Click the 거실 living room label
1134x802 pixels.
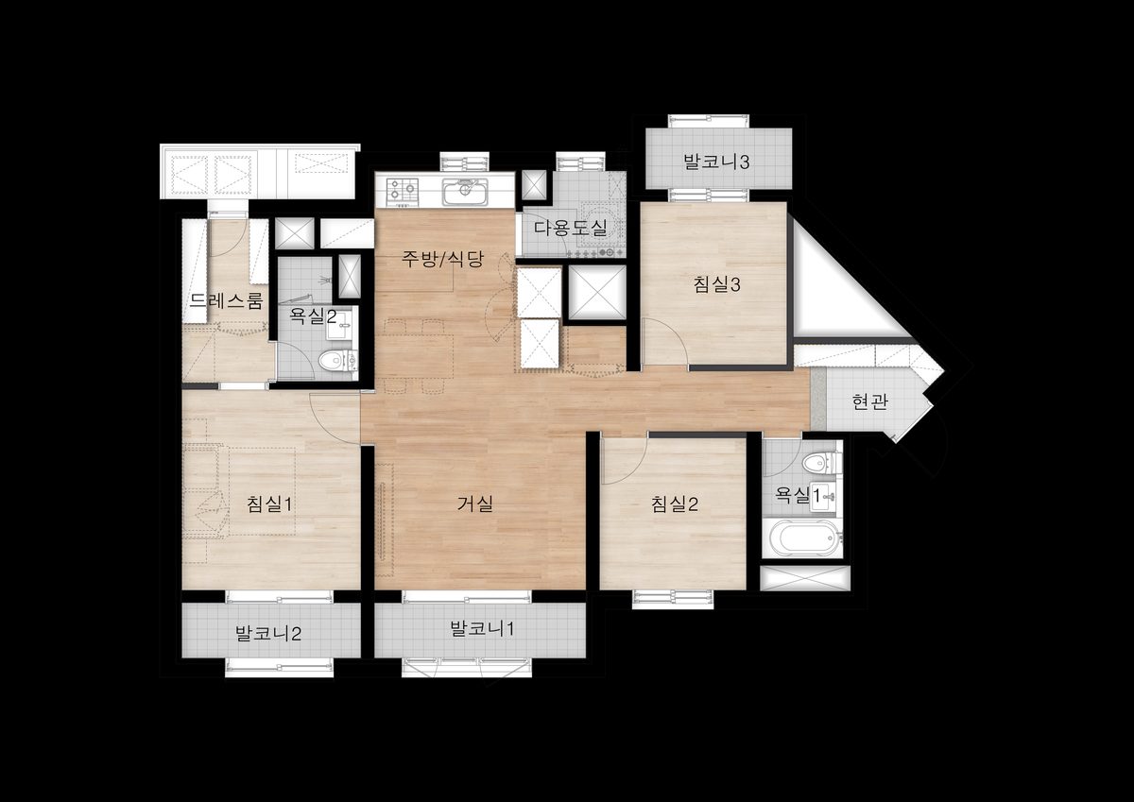[x=474, y=504]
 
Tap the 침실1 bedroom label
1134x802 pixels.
[x=269, y=504]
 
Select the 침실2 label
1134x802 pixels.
[x=675, y=504]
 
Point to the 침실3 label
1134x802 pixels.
[x=716, y=285]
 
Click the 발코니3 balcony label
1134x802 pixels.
[x=716, y=162]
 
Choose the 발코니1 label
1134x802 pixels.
[x=482, y=629]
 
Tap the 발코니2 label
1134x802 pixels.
[x=268, y=634]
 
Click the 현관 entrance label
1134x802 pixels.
[x=869, y=401]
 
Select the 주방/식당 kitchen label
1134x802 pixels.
[x=443, y=259]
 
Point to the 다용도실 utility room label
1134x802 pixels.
[x=571, y=228]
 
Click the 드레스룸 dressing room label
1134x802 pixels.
[x=226, y=301]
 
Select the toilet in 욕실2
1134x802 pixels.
[x=335, y=361]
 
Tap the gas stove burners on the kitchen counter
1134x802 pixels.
[x=403, y=192]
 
